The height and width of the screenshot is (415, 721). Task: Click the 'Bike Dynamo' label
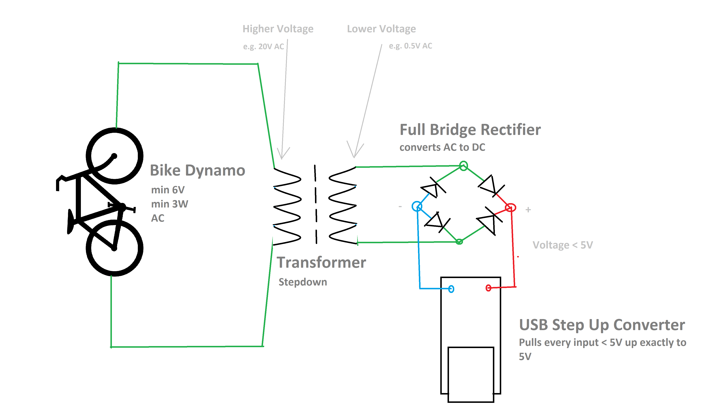197,170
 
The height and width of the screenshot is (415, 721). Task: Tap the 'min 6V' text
168,190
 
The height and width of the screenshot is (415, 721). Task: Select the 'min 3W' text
170,204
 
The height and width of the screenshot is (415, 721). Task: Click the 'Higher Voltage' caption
278,29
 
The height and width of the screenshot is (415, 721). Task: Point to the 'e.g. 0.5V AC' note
411,46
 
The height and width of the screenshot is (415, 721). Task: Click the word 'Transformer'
321,262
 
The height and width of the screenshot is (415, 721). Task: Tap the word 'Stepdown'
302,282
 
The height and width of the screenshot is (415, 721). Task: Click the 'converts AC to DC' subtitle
442,147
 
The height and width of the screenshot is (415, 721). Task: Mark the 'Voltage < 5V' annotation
563,245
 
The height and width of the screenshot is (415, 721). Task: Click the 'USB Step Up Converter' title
602,325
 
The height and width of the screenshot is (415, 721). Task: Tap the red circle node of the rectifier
510,207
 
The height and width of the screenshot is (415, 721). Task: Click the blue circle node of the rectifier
417,206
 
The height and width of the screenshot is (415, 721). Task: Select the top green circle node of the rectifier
463,166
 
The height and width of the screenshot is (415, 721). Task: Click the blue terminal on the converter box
451,289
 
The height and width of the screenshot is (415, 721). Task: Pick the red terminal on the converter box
488,288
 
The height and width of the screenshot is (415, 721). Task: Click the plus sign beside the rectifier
528,210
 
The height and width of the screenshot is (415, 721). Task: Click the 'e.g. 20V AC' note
263,46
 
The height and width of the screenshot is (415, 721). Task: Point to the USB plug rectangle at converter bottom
471,375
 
